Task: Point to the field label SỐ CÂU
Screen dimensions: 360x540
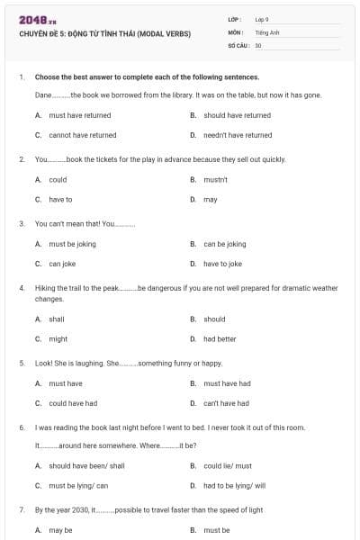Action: click(238, 44)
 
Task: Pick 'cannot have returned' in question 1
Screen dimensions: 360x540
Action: click(82, 135)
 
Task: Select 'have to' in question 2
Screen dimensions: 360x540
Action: click(60, 199)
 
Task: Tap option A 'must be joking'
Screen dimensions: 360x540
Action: click(72, 244)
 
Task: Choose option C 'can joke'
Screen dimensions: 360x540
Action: click(62, 264)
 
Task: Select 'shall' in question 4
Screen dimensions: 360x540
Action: click(57, 319)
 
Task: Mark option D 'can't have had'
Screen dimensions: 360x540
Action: click(226, 403)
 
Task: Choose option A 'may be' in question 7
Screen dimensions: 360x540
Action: click(60, 530)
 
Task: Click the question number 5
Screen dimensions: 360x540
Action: click(21, 364)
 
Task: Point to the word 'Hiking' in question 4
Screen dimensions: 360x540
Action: click(45, 289)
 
